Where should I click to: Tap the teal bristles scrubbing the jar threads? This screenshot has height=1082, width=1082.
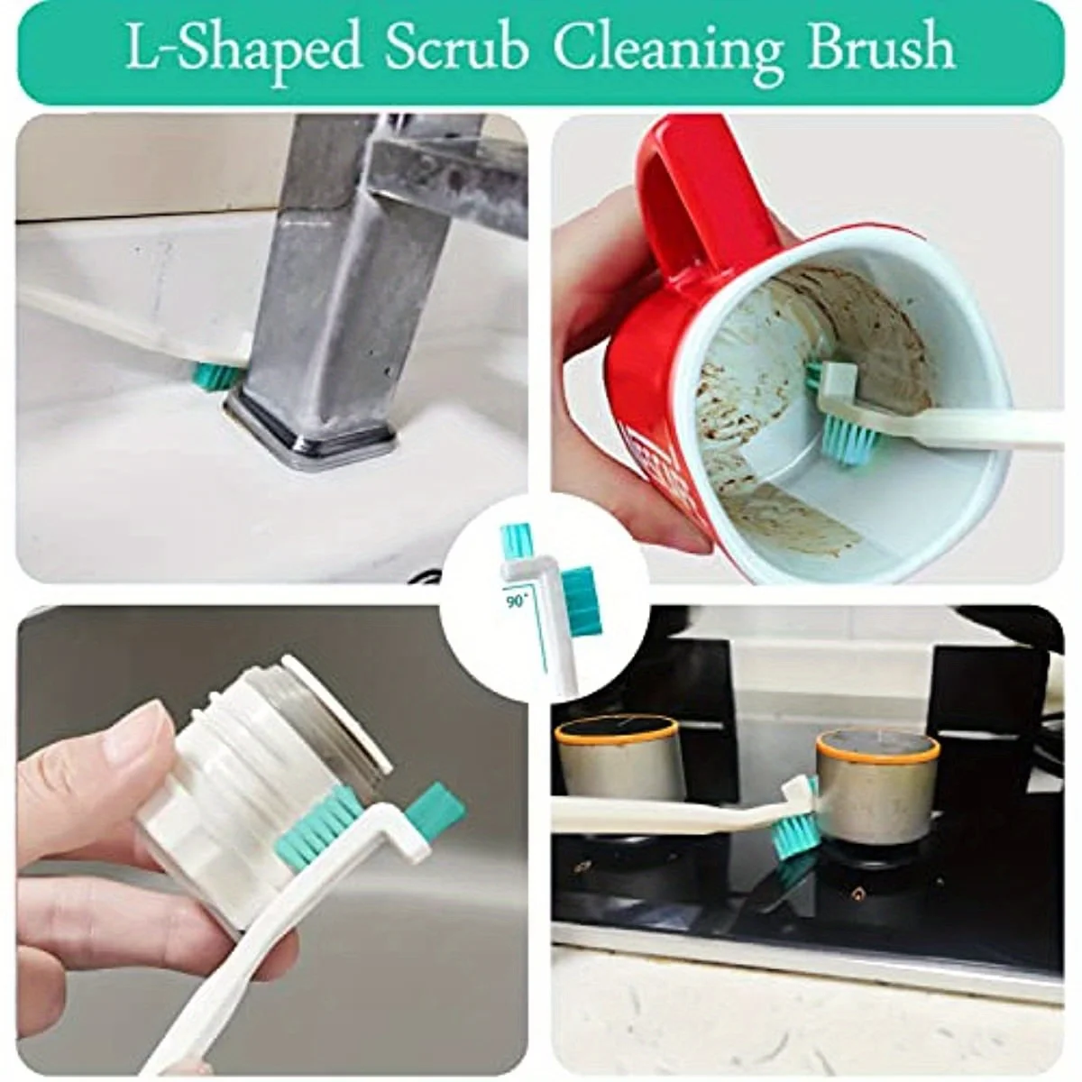320,830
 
